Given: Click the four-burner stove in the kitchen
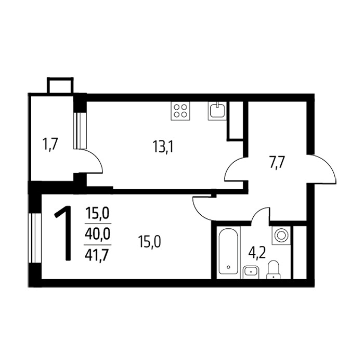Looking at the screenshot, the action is click(180, 111).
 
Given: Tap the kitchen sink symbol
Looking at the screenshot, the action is click(217, 111).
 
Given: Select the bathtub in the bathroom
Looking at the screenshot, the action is click(228, 251).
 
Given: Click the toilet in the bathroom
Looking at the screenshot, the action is click(273, 269).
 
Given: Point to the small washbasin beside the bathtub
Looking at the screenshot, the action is click(251, 272).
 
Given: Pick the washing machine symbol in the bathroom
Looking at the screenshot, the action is click(281, 236).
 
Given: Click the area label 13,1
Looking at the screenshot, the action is click(163, 147).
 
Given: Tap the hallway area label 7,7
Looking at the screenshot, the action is click(277, 163).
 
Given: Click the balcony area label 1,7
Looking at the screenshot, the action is click(50, 144).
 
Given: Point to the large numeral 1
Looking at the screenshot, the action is click(63, 233).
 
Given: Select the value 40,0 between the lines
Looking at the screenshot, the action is click(98, 234).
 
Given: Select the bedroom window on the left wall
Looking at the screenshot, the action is click(34, 238).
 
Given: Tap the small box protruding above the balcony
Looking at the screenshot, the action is click(60, 85).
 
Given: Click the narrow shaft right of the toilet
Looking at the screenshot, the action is click(300, 252).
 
